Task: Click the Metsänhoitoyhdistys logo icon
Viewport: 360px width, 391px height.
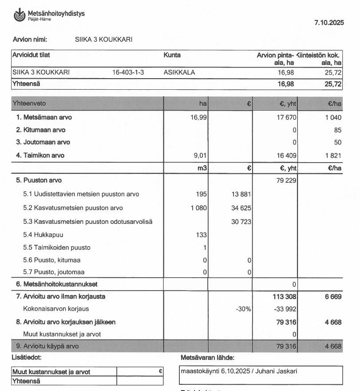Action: pos(20,15)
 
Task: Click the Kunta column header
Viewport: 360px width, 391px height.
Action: pos(172,56)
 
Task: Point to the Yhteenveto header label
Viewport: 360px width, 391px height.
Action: pos(29,104)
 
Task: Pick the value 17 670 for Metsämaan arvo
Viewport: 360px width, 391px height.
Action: pos(287,118)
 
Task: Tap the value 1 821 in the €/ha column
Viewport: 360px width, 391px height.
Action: pos(332,156)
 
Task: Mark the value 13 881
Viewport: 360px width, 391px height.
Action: pos(241,194)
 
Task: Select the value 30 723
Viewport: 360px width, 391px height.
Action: pos(241,222)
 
